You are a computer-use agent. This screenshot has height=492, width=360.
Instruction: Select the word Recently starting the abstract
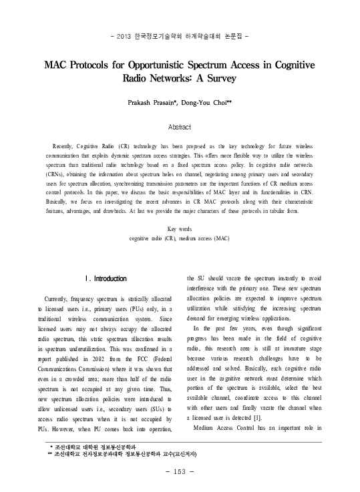[x=65, y=145]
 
